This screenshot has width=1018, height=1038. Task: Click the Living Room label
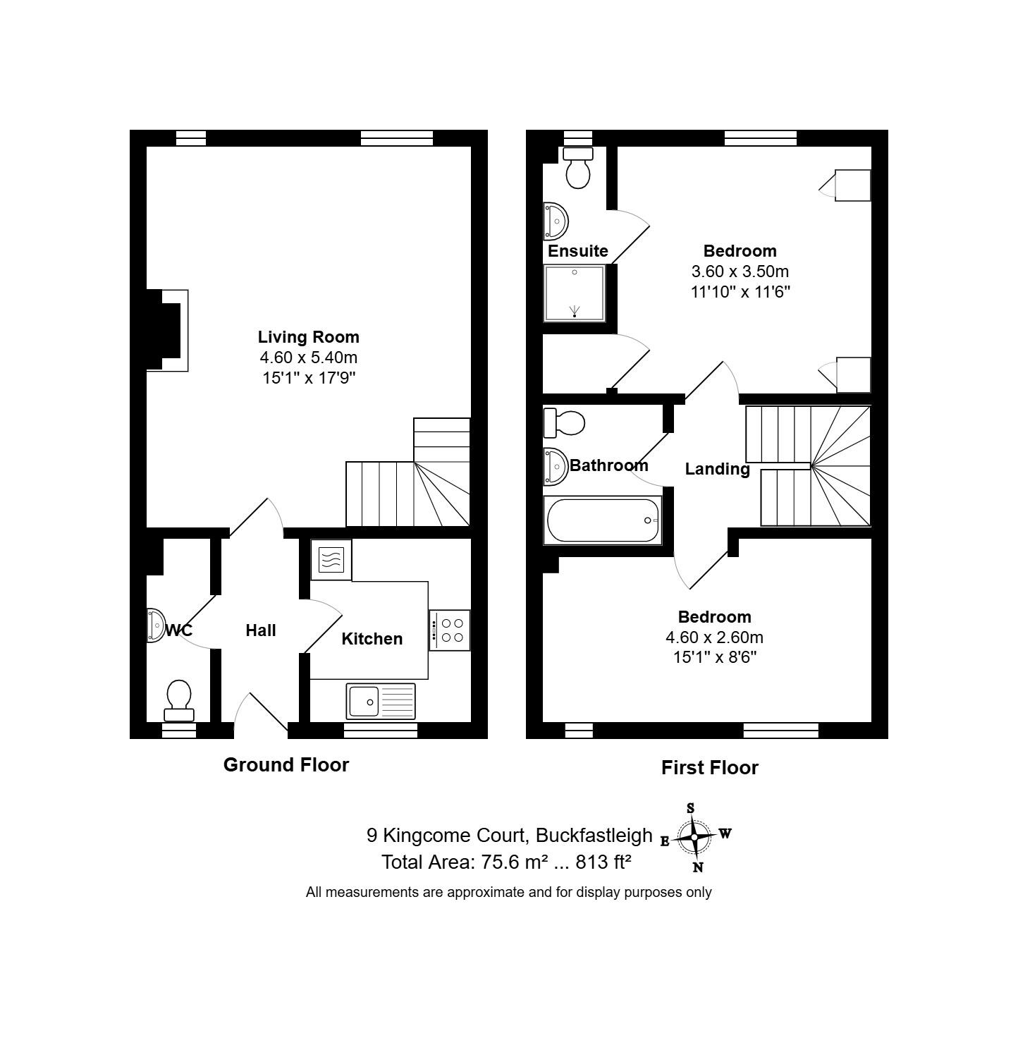pyautogui.click(x=308, y=337)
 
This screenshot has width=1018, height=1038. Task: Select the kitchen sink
pyautogui.click(x=381, y=701)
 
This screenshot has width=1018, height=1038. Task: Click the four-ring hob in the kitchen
pyautogui.click(x=450, y=630)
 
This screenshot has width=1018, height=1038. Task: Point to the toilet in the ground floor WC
pyautogui.click(x=179, y=700)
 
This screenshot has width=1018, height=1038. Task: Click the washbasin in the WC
pyautogui.click(x=156, y=625)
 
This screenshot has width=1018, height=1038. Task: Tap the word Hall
pyautogui.click(x=260, y=630)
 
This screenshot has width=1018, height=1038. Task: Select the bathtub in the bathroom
pyautogui.click(x=602, y=520)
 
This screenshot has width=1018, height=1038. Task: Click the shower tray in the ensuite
pyautogui.click(x=575, y=293)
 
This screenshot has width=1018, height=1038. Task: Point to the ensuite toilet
pyautogui.click(x=579, y=169)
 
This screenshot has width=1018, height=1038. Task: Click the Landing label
pyautogui.click(x=717, y=469)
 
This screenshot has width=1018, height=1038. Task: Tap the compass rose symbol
pyautogui.click(x=694, y=837)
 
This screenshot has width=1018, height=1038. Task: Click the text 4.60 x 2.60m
pyautogui.click(x=714, y=637)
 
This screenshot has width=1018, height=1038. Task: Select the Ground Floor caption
pyautogui.click(x=286, y=764)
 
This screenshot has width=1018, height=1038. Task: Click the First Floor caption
pyautogui.click(x=709, y=767)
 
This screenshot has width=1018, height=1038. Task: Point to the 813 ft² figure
pyautogui.click(x=603, y=862)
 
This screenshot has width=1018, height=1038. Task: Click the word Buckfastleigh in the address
pyautogui.click(x=594, y=836)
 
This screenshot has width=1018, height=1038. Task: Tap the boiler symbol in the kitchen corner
pyautogui.click(x=331, y=561)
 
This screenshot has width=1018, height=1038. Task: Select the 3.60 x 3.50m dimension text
pyautogui.click(x=740, y=271)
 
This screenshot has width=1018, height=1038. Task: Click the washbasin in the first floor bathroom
pyautogui.click(x=555, y=467)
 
